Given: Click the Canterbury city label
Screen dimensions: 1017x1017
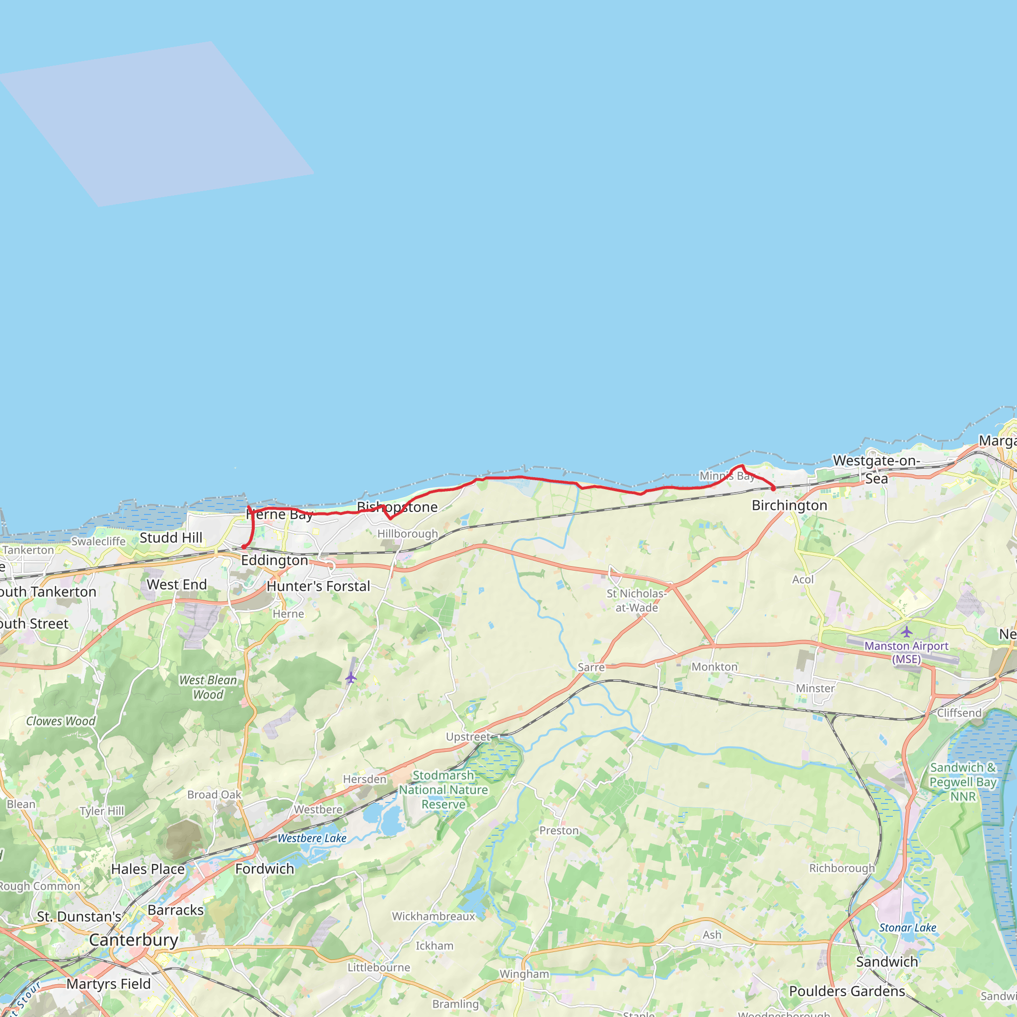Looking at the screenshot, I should tap(134, 940).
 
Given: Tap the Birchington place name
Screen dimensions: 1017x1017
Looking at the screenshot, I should tap(789, 506).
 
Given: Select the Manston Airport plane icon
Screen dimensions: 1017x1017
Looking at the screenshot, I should tap(906, 631).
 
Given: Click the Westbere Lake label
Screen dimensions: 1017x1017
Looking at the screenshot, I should tap(312, 838).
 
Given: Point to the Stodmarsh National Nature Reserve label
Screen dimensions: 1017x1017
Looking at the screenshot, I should tap(443, 790).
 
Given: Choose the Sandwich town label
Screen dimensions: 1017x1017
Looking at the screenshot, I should tap(886, 962).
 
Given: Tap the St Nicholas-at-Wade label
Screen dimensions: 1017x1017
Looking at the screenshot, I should tap(637, 600).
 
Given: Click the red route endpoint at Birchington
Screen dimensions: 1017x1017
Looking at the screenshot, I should tap(773, 489).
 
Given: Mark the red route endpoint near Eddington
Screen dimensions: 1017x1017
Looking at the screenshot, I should tap(244, 547).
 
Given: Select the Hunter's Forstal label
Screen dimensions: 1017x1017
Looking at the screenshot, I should tap(318, 586).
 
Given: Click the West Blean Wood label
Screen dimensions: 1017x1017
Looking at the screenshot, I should tap(208, 687).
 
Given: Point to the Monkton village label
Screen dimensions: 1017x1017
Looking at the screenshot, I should tap(714, 667).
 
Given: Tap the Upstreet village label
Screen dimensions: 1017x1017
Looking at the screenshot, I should tap(468, 736).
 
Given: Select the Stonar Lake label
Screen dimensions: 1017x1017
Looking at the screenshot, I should tap(908, 928).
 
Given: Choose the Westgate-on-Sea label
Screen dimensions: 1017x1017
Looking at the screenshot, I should tap(876, 469).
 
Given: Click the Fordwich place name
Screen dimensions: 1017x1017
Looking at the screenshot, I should tap(264, 869).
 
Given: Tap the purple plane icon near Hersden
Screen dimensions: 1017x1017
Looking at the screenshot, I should tap(351, 677).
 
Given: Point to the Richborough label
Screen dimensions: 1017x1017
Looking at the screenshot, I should tap(842, 868).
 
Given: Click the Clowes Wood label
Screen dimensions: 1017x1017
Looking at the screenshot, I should tap(61, 721).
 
